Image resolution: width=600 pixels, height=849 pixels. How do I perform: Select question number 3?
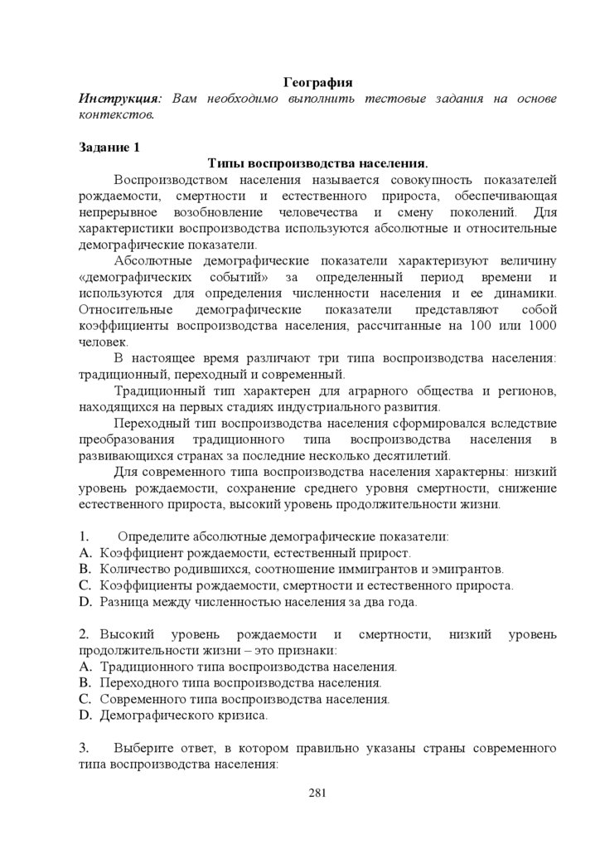tap(84, 748)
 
